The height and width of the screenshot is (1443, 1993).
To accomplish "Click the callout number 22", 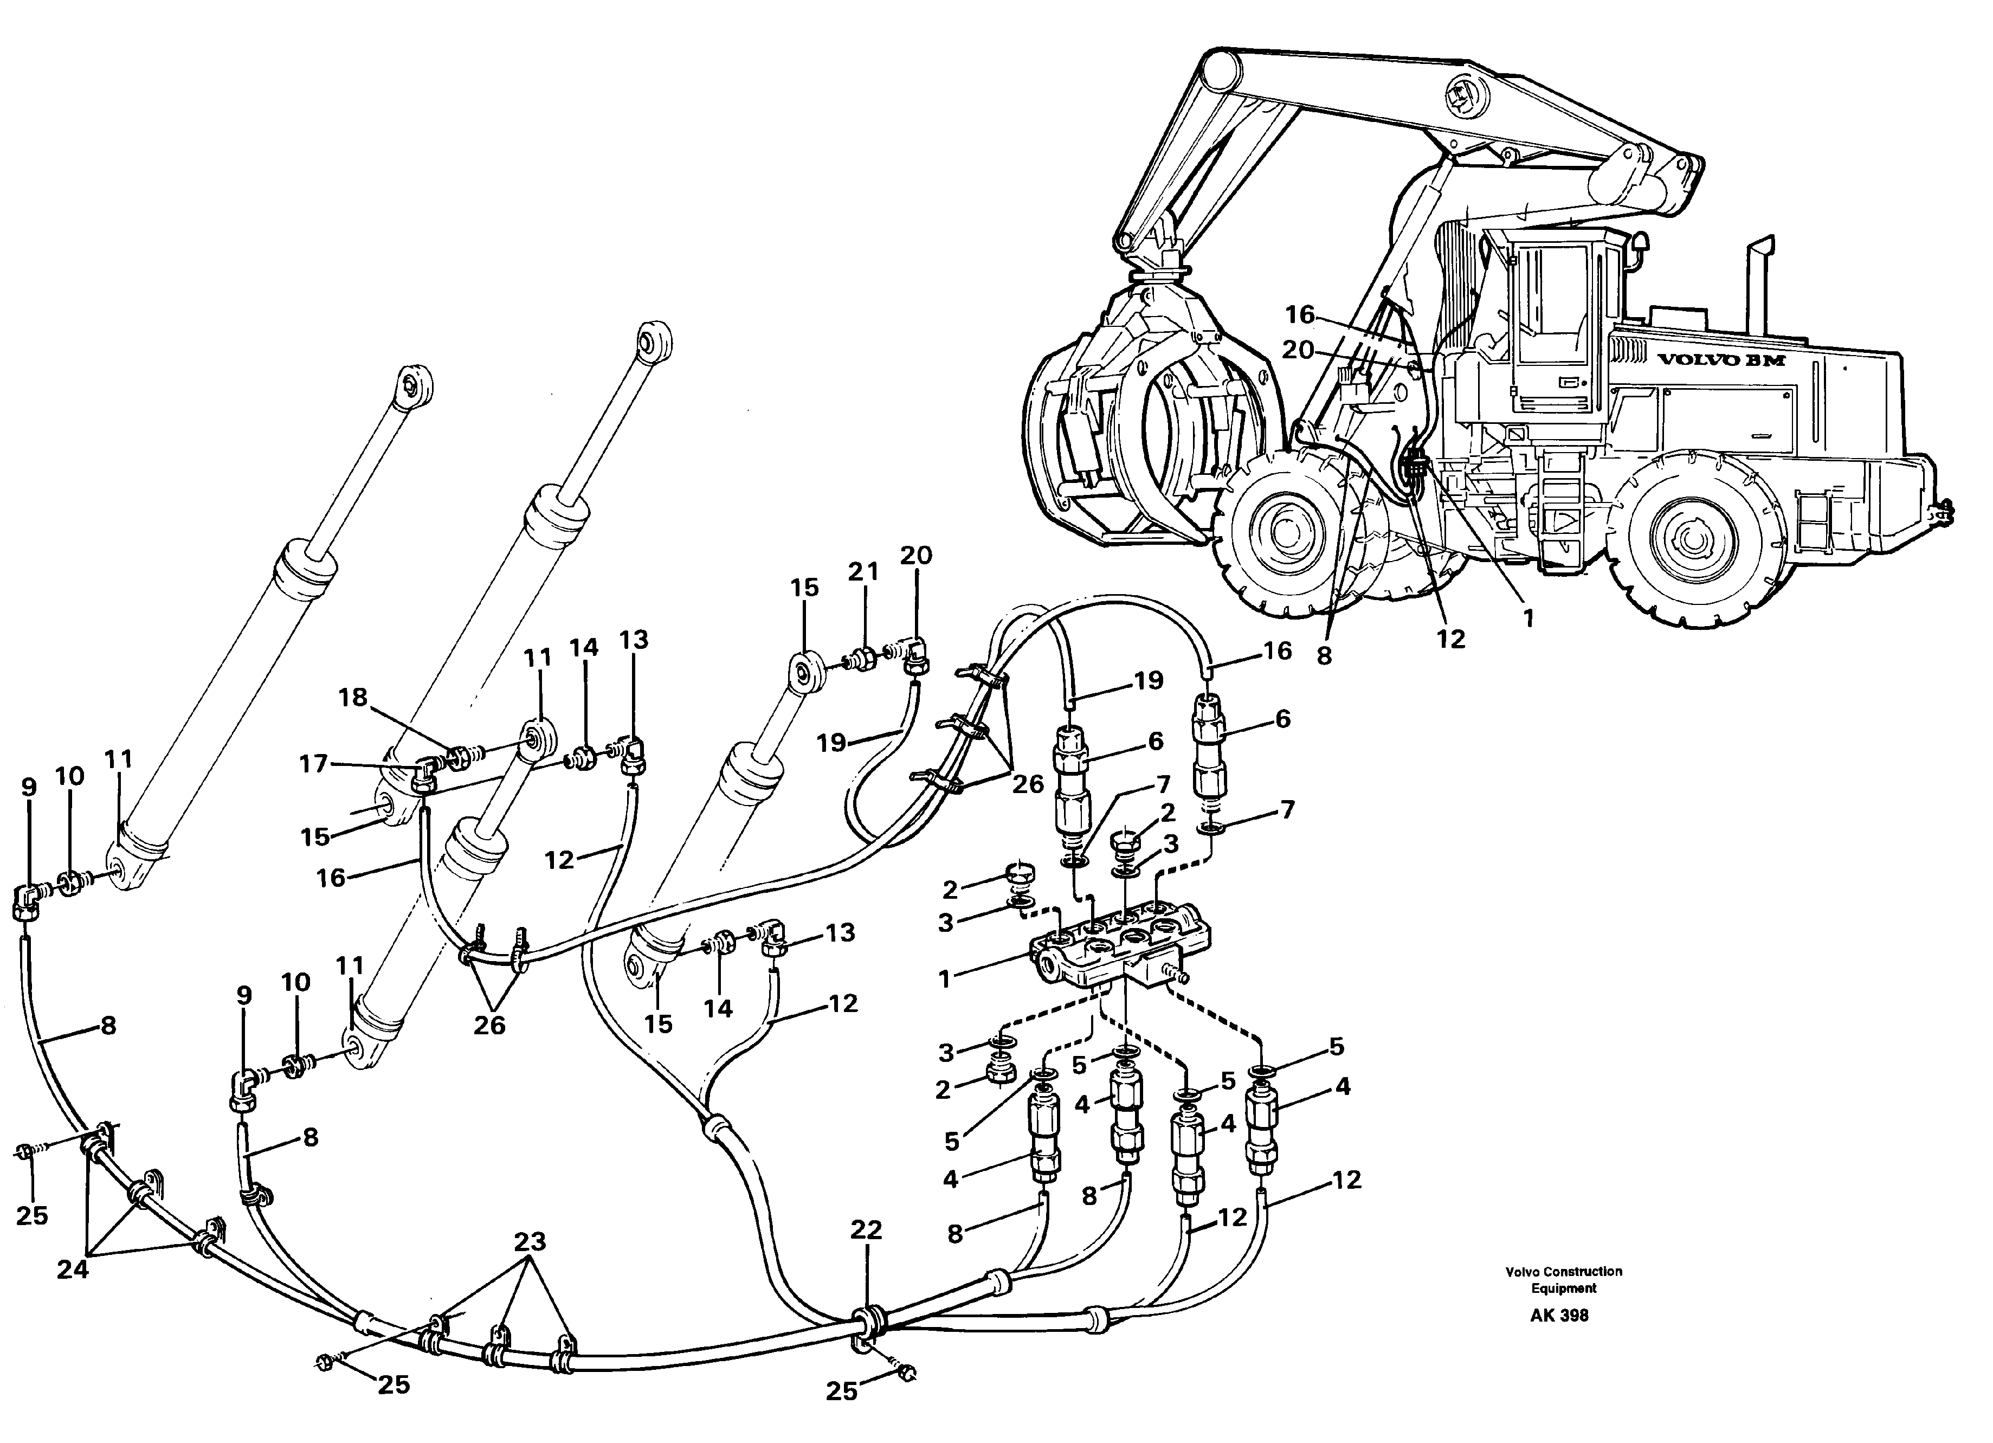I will pos(867,1229).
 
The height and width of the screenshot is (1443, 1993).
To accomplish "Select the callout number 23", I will pos(530,1242).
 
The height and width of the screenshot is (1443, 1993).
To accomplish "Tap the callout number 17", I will pos(312,764).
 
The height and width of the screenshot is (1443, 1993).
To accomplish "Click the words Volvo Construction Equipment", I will pos(1563,1279).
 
